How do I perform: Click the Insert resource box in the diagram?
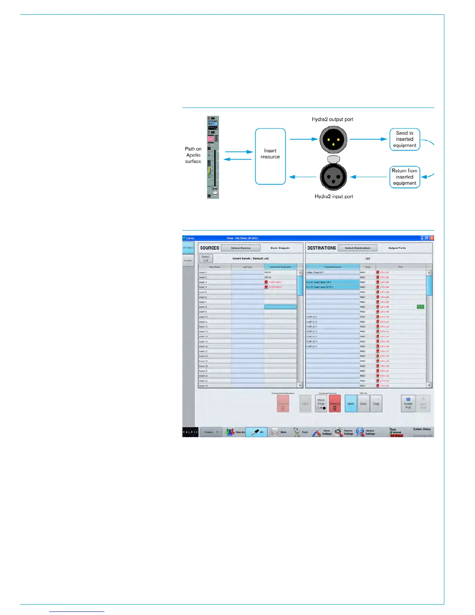[270, 156]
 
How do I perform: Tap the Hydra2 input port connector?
[333, 177]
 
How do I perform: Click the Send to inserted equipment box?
[404, 139]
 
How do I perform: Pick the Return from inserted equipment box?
[404, 177]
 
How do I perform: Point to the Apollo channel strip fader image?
[213, 157]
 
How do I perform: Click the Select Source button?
[241, 248]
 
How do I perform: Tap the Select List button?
[206, 258]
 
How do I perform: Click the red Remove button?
[335, 404]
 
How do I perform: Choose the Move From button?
[321, 404]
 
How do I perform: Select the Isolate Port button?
[408, 404]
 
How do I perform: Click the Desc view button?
[363, 404]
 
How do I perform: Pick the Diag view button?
[376, 404]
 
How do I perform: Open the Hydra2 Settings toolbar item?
[366, 432]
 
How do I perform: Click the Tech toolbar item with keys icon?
[301, 432]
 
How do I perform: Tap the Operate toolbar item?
[236, 432]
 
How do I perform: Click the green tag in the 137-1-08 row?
[420, 307]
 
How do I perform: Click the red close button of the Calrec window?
[432, 238]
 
